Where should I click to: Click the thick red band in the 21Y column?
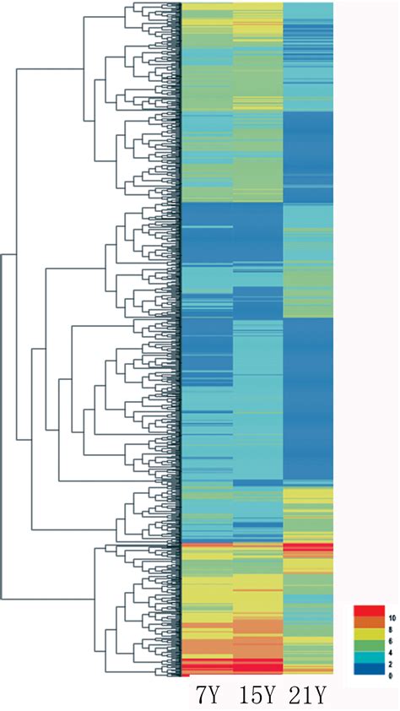[308, 549]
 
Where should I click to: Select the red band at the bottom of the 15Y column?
[257, 666]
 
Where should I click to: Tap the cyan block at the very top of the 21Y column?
[308, 10]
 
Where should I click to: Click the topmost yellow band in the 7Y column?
[207, 9]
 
